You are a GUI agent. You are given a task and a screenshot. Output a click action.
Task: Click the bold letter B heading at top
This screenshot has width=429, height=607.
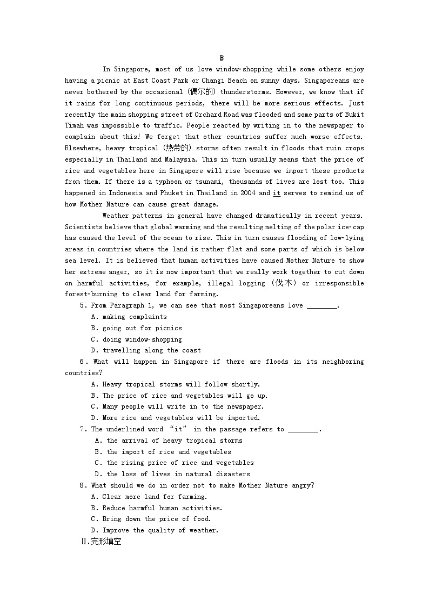(222, 58)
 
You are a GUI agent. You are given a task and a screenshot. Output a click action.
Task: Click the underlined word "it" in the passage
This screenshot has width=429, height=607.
(277, 193)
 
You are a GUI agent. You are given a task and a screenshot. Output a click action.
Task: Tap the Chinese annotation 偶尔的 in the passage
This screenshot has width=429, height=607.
(203, 92)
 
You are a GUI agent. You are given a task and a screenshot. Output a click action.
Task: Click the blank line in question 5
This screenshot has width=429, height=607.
(321, 306)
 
